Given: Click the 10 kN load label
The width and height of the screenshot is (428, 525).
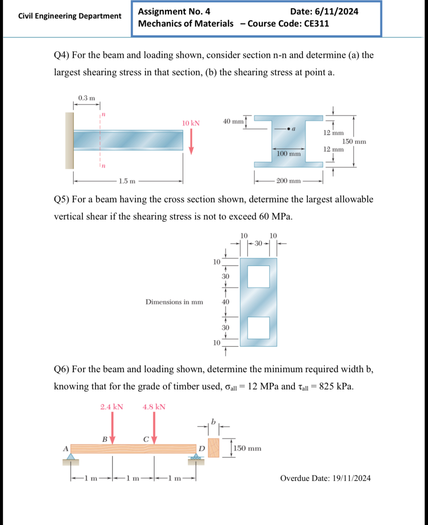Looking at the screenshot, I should pyautogui.click(x=191, y=123).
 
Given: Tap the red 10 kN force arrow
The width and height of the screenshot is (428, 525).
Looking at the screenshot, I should pyautogui.click(x=191, y=143).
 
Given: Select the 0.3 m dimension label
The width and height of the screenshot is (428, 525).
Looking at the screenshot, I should pyautogui.click(x=87, y=98).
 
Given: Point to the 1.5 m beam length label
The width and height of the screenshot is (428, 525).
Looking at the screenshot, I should pyautogui.click(x=127, y=181).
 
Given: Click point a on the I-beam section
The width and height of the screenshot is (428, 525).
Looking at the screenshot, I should pyautogui.click(x=289, y=129).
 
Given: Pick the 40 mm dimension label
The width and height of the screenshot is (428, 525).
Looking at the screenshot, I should pyautogui.click(x=233, y=121).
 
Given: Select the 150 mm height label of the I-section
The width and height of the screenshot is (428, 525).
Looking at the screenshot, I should pyautogui.click(x=354, y=142).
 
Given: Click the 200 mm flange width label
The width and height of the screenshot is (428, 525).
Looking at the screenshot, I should pyautogui.click(x=288, y=181).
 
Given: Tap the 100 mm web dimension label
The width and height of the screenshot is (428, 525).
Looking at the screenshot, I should pyautogui.click(x=289, y=154).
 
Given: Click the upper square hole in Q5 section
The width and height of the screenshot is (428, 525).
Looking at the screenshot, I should pyautogui.click(x=259, y=277).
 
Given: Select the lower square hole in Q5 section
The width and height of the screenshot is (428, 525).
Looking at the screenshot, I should pyautogui.click(x=259, y=328).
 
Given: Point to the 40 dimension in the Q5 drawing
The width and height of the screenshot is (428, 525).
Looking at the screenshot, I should pyautogui.click(x=226, y=302).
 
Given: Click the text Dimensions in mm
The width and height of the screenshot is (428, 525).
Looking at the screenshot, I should pyautogui.click(x=174, y=302).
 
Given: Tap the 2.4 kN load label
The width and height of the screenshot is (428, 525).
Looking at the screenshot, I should pyautogui.click(x=112, y=407).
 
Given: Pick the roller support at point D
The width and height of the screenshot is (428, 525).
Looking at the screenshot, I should pyautogui.click(x=196, y=458).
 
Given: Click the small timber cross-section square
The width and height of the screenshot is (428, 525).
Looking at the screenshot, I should pyautogui.click(x=214, y=448).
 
